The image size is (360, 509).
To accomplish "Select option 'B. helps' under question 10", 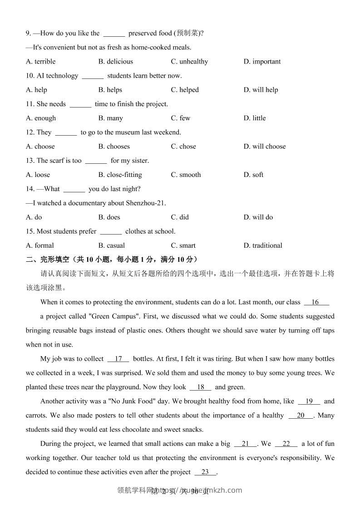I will [x=110, y=90].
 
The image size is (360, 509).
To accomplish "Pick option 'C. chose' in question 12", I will [x=183, y=147].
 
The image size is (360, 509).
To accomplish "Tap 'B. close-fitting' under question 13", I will [x=120, y=175].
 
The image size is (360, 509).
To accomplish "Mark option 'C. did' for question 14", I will [x=180, y=217].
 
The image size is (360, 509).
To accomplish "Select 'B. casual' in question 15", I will [x=112, y=245].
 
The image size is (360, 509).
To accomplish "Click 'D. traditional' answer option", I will [x=263, y=245].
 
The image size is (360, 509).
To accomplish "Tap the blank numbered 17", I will [x=118, y=359].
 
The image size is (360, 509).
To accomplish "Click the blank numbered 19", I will [x=309, y=401].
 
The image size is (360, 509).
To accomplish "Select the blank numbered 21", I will [x=246, y=444].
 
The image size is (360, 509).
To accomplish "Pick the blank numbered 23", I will [x=206, y=472].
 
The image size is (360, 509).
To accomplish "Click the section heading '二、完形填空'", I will [x=48, y=259].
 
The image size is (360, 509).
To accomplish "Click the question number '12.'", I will [x=30, y=132].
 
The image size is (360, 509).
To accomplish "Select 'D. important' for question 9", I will [x=262, y=62].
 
